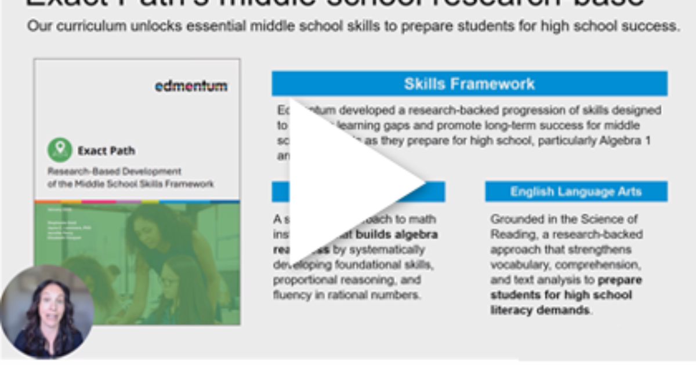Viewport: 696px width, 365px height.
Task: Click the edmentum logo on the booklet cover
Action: click(x=191, y=86)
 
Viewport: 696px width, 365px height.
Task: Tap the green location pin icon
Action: click(x=60, y=150)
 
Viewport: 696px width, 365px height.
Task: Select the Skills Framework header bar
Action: click(x=469, y=84)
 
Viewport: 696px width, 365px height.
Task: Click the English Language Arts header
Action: click(x=576, y=192)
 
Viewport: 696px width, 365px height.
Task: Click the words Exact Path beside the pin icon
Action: click(x=106, y=151)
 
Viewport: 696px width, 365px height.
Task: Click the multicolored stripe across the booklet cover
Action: click(x=137, y=202)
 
